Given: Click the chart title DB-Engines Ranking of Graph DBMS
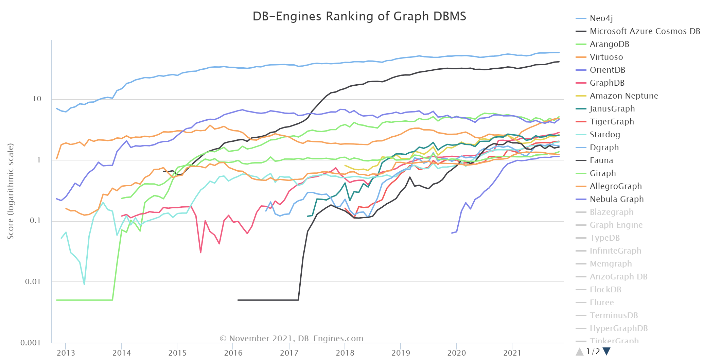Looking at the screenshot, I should [359, 16].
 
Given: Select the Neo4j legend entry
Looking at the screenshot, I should [601, 18].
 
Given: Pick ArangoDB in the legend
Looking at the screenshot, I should [609, 44].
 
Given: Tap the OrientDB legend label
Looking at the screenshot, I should [607, 70].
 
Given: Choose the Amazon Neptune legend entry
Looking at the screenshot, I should [623, 96].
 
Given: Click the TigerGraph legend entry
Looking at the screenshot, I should [612, 122].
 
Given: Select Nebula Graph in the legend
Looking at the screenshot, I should [616, 199].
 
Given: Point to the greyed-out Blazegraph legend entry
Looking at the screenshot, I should [611, 212].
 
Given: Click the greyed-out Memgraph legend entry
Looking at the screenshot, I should [611, 264].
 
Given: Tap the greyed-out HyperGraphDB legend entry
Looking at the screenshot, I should [618, 328].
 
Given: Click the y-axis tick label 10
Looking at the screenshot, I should [37, 99].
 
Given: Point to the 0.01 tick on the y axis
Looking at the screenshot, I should [33, 281].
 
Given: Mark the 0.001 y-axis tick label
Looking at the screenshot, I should [31, 343].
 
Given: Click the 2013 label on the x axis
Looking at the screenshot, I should [66, 353].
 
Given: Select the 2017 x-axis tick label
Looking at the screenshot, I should [289, 353].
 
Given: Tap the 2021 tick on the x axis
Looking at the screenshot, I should [512, 353].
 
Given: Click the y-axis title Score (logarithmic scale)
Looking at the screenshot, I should [11, 191].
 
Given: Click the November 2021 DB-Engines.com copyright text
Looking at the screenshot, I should [292, 339].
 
